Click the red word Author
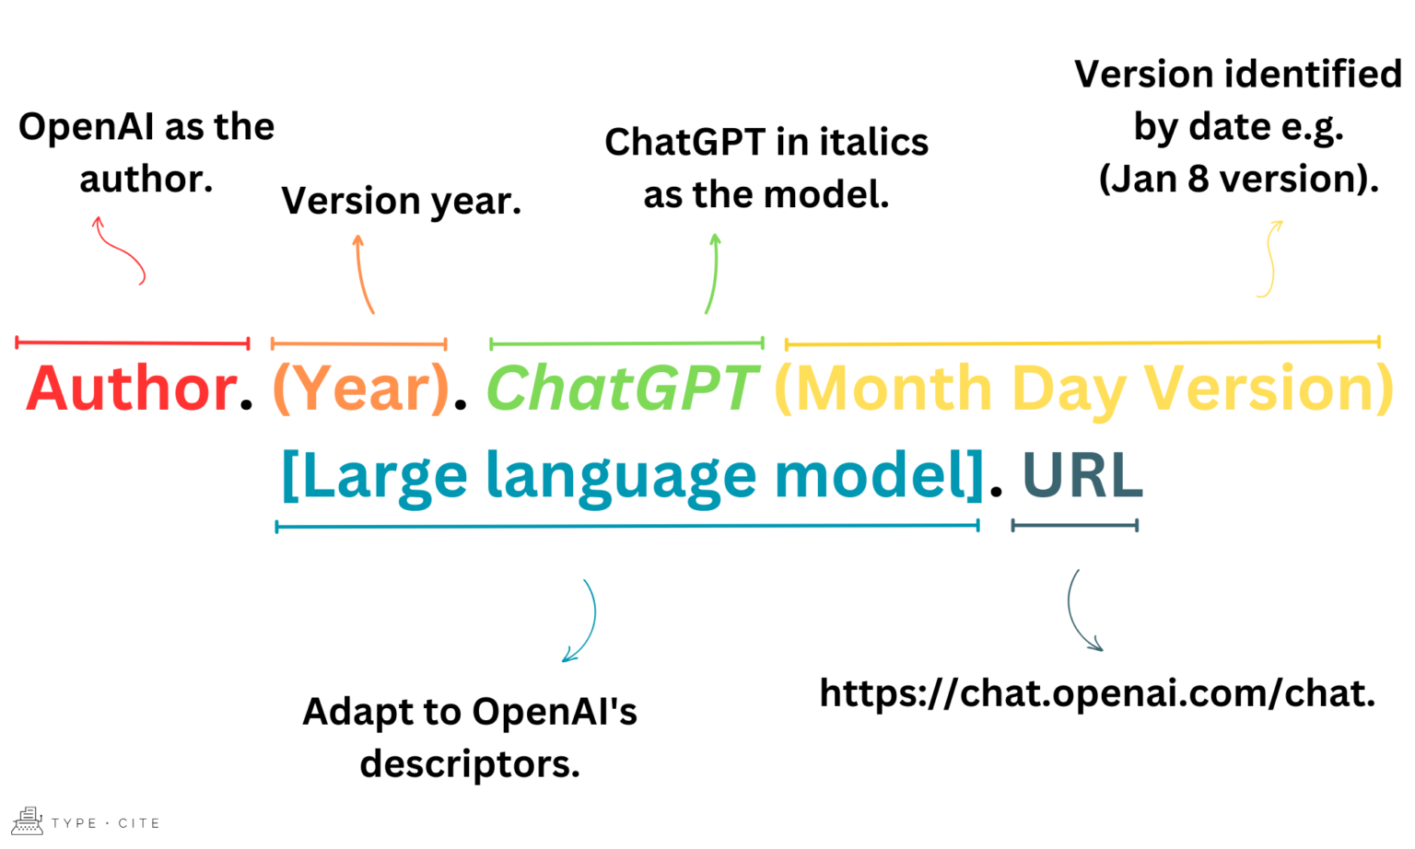[x=131, y=389]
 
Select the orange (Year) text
[x=360, y=389]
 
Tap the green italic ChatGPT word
[x=622, y=389]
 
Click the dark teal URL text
[x=1082, y=476]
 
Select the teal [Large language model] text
[x=632, y=476]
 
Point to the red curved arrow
[x=121, y=250]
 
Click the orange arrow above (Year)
[x=363, y=273]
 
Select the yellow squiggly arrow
[x=1270, y=259]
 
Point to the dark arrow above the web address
[x=1080, y=611]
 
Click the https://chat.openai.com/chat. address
[x=1097, y=693]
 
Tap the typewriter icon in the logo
[x=27, y=820]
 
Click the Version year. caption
[x=401, y=201]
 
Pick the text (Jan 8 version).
[x=1238, y=179]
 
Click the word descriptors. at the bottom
[x=470, y=763]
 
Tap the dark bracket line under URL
[x=1074, y=526]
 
